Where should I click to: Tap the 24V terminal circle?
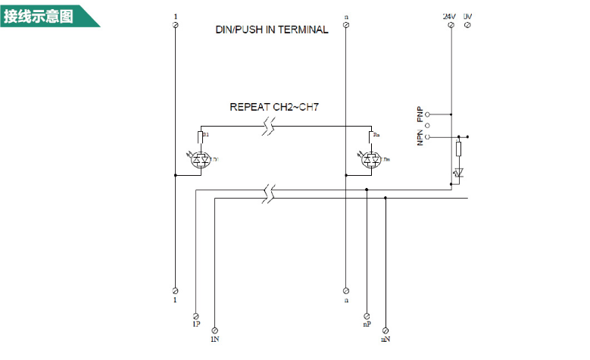451,25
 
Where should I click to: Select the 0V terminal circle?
467,25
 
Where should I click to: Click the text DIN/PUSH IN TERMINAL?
271,30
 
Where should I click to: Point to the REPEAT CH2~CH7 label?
274,108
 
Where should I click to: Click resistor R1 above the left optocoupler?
201,137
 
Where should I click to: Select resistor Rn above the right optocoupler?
371,137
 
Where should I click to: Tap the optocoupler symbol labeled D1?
201,160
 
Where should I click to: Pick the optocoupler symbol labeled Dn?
371,160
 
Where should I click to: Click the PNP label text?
420,114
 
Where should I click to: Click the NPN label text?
420,137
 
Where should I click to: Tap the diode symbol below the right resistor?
458,173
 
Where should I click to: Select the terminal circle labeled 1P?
196,314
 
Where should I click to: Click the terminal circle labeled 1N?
215,330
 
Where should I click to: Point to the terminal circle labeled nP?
367,314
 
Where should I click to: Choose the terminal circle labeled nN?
386,330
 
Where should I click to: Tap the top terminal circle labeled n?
346,25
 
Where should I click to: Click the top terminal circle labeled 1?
176,25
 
